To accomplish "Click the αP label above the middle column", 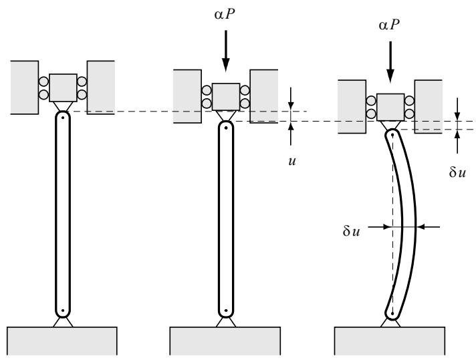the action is pos(225,14).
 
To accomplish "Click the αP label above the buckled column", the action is pos(389,24).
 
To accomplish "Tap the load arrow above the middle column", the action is pos(225,51).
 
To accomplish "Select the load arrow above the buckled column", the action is pos(390,62).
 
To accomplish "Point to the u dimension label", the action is pos(292,161).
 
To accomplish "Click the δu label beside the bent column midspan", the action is pos(351,231).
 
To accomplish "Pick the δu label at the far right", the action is pos(457,172).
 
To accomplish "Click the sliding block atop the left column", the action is pos(63,87).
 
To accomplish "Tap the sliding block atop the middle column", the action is pos(226,97).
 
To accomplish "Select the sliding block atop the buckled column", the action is pos(390,108).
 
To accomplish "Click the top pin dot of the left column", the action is pos(63,118).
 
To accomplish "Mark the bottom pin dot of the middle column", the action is pos(226,311).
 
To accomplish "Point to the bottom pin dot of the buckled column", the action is pos(392,313).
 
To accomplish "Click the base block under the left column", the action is pos(62,341).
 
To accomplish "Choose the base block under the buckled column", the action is pos(390,341).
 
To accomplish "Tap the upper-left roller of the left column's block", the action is pos(43,81).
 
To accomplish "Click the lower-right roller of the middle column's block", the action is pos(245,104).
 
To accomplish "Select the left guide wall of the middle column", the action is pos(187,96).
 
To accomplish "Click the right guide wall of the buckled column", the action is pos(429,107).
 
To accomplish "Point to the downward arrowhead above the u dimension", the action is pos(291,106).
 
